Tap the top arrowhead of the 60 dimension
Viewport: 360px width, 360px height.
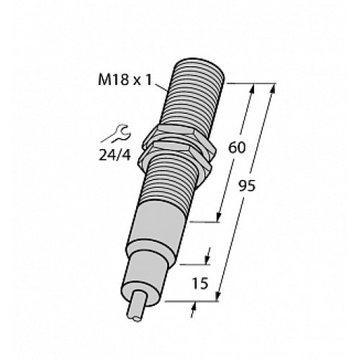253,90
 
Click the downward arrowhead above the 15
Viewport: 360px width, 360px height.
210,256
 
